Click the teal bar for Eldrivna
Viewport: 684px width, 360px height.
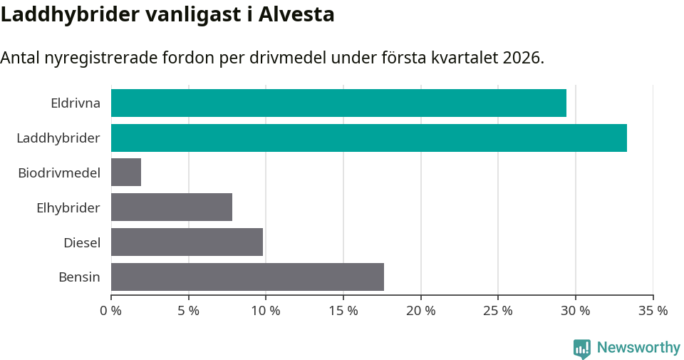click(338, 103)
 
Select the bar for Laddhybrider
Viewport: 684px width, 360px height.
click(369, 138)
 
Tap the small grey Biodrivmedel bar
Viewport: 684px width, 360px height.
click(126, 173)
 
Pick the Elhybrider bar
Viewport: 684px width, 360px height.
click(172, 207)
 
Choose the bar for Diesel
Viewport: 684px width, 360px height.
click(187, 242)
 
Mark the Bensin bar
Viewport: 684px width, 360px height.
click(247, 277)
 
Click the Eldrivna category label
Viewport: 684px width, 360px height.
click(76, 103)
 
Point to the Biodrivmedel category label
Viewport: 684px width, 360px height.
click(59, 173)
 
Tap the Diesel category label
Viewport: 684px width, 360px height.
click(82, 242)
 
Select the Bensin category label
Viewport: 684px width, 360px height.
click(79, 277)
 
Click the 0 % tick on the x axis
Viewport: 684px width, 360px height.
click(111, 311)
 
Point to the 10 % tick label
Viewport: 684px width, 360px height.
click(266, 311)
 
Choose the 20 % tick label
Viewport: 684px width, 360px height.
click(421, 311)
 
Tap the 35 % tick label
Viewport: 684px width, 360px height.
click(653, 311)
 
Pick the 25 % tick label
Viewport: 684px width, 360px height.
click(498, 311)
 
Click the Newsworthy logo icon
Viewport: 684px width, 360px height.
click(582, 348)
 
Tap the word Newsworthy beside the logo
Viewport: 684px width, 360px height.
click(638, 348)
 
